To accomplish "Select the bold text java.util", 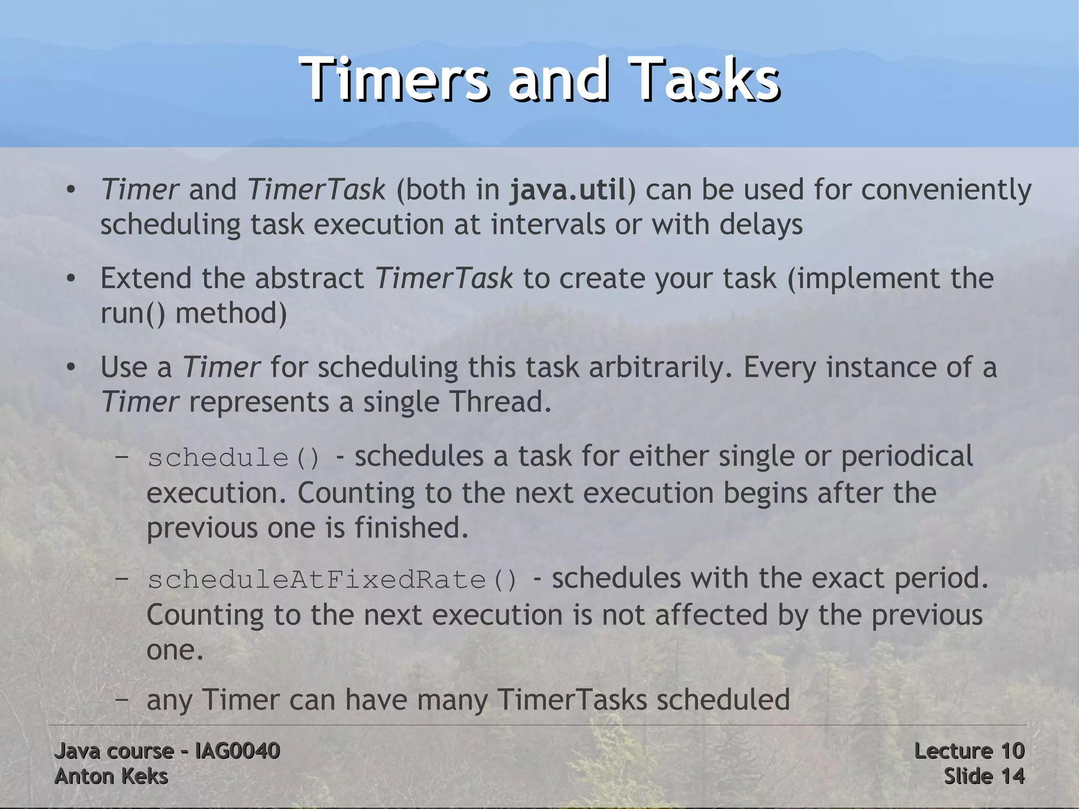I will coord(567,190).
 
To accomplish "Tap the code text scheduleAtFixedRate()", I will coord(333,580).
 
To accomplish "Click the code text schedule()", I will coord(234,457).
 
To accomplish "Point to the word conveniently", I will coord(946,190).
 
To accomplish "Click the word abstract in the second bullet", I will coord(309,278).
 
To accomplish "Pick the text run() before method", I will coord(133,313).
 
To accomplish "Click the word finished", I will coord(411,527).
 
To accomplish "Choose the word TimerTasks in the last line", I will coord(572,700).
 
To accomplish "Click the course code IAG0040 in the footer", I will coord(237,750).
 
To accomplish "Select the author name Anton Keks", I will coord(111,776).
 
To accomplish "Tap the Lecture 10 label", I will coord(969,750).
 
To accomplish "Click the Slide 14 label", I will coord(984,776).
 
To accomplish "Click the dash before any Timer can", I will coord(122,700).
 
